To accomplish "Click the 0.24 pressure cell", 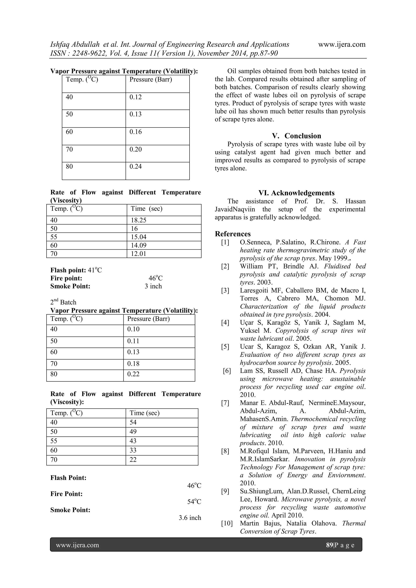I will click(x=135, y=167).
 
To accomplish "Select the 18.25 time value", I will click(x=138, y=220).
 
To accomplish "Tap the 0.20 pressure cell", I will click(x=135, y=149).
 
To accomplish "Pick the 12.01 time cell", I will click(x=138, y=254).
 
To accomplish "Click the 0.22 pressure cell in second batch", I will click(x=133, y=374).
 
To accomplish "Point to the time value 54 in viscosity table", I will click(x=133, y=422).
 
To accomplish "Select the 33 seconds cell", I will click(x=133, y=450).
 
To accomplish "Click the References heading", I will click(x=233, y=234).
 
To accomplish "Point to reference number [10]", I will click(x=227, y=523).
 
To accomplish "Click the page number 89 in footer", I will click(x=329, y=545).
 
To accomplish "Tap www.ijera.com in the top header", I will click(x=342, y=44).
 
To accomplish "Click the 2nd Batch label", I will click(x=63, y=302).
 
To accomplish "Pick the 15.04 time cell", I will click(x=138, y=237).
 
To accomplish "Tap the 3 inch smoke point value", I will click(x=153, y=286).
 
